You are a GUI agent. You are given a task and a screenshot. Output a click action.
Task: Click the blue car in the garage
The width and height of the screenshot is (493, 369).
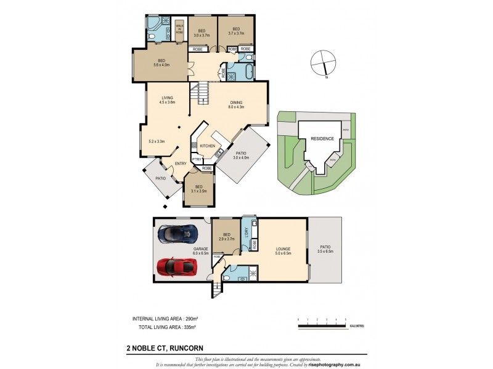[x=177, y=234]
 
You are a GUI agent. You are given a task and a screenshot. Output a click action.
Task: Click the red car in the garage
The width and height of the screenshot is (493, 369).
[x=176, y=266]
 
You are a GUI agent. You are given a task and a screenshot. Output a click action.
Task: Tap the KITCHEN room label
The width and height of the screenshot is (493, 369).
[x=207, y=145]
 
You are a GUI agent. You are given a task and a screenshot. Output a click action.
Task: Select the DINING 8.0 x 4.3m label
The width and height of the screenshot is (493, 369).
[x=237, y=105]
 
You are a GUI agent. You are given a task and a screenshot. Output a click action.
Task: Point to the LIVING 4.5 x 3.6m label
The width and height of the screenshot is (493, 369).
[x=168, y=100]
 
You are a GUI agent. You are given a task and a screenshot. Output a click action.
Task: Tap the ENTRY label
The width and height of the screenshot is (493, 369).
[x=181, y=163]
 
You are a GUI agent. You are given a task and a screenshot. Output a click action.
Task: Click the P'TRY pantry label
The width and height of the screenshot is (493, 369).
[x=196, y=160]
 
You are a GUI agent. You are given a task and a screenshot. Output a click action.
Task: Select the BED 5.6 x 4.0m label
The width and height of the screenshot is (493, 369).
[x=161, y=62]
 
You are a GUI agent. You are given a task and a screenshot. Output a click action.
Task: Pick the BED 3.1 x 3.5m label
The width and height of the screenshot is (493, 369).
[x=198, y=189]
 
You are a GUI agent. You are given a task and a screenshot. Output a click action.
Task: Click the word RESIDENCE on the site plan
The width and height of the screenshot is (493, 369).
[x=322, y=139]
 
